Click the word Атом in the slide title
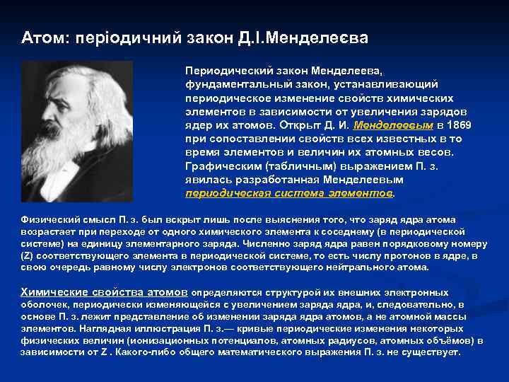tap(40, 36)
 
